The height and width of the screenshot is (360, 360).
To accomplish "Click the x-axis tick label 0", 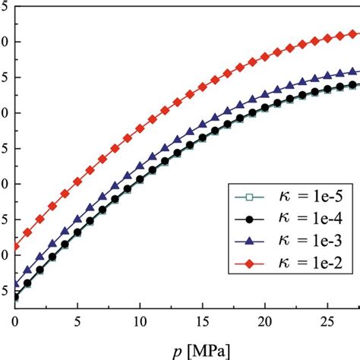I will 14,321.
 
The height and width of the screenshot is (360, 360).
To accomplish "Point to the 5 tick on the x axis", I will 77,321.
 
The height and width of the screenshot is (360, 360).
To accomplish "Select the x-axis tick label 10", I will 139,321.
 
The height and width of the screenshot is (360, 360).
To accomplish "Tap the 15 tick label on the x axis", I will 201,321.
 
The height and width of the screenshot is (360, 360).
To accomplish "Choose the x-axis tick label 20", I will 264,321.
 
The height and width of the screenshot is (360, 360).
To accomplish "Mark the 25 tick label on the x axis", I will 326,321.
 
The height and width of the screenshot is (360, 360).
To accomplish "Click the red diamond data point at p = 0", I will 15,246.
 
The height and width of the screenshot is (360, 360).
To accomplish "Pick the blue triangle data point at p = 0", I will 15,285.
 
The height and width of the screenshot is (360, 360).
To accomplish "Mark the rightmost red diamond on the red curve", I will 352,34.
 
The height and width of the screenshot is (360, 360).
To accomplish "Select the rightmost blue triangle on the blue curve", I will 352,71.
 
